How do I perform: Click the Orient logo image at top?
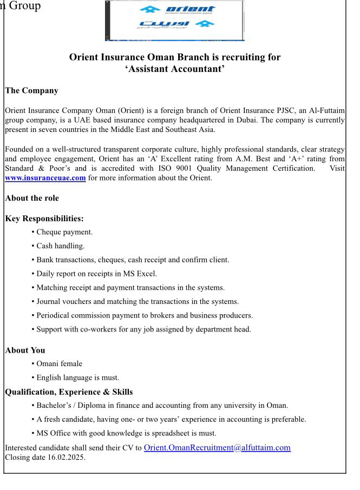pyautogui.click(x=174, y=20)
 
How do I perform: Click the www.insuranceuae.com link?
pyautogui.click(x=45, y=178)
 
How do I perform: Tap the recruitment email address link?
pyautogui.click(x=217, y=447)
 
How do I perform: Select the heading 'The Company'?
pyautogui.click(x=31, y=90)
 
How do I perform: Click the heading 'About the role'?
pyautogui.click(x=32, y=198)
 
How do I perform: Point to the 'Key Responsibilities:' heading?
pyautogui.click(x=44, y=219)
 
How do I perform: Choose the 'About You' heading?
pyautogui.click(x=25, y=350)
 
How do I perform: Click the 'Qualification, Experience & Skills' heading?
pyautogui.click(x=69, y=392)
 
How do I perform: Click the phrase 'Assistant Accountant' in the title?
pyautogui.click(x=175, y=69)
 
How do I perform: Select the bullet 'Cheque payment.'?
pyautogui.click(x=64, y=232)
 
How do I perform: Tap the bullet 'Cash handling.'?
pyautogui.click(x=61, y=246)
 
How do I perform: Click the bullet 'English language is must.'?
pyautogui.click(x=77, y=378)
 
